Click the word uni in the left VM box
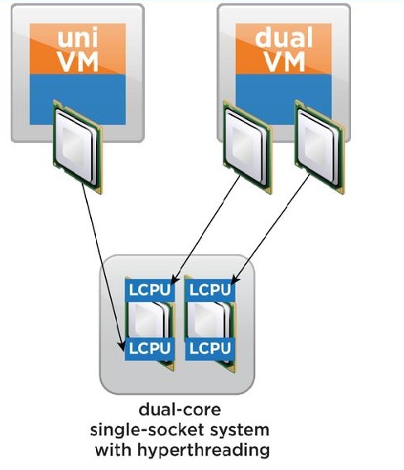pyautogui.click(x=78, y=38)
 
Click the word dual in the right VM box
pyautogui.click(x=284, y=37)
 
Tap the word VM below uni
pyautogui.click(x=78, y=62)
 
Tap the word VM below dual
pyautogui.click(x=284, y=62)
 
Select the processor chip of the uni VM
pyautogui.click(x=78, y=147)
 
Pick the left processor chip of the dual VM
pyautogui.click(x=248, y=147)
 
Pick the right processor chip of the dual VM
pyautogui.click(x=320, y=147)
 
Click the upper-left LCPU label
pyautogui.click(x=150, y=290)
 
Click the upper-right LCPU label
pyautogui.click(x=210, y=290)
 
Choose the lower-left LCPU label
pyautogui.click(x=150, y=348)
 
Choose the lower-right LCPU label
pyautogui.click(x=210, y=348)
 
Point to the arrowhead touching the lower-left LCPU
pyautogui.click(x=122, y=346)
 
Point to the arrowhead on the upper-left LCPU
pyautogui.click(x=174, y=280)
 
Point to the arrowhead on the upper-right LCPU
pyautogui.click(x=235, y=279)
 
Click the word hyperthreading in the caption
pyautogui.click(x=203, y=451)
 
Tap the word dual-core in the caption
pyautogui.click(x=180, y=410)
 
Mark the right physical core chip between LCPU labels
pyautogui.click(x=211, y=319)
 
